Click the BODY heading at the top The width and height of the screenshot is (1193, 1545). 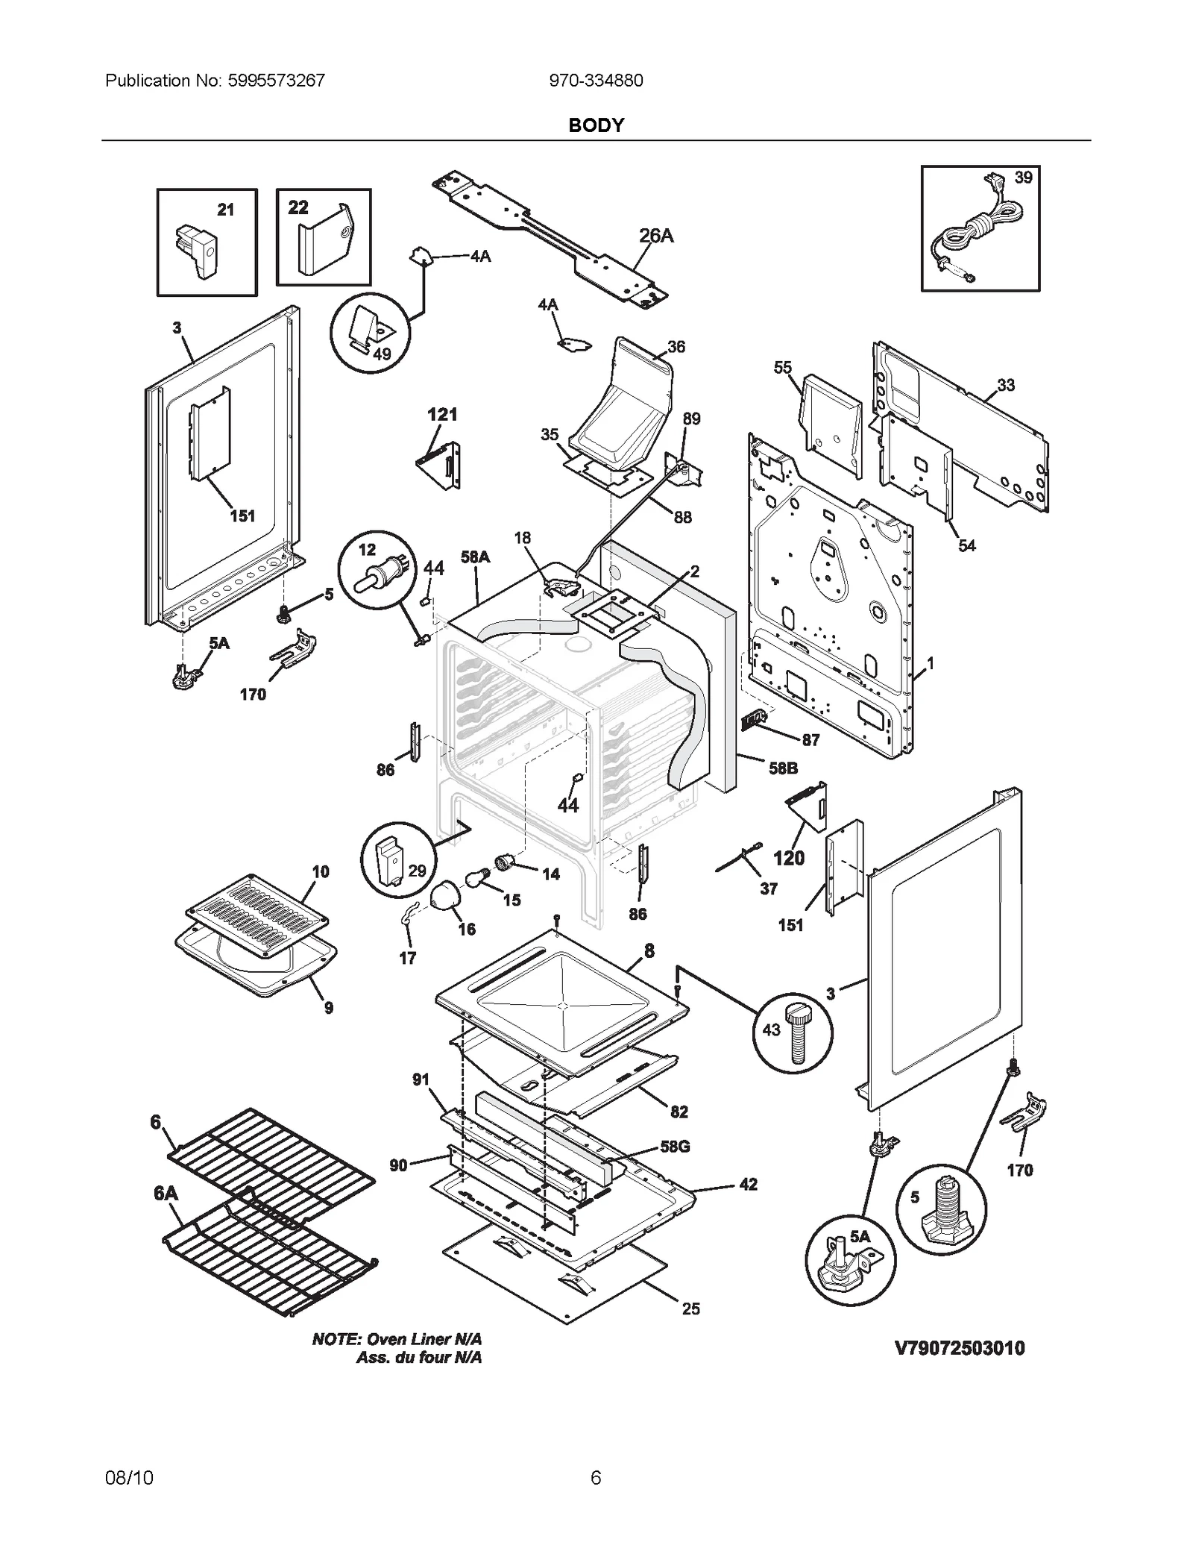click(x=596, y=125)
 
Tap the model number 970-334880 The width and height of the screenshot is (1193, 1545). click(x=596, y=81)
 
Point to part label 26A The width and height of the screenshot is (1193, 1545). click(x=656, y=236)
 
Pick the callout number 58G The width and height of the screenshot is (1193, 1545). click(x=674, y=1147)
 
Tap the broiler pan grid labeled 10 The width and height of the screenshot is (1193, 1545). click(x=256, y=915)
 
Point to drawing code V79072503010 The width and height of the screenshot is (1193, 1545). click(x=960, y=1347)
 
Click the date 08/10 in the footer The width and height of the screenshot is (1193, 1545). click(x=129, y=1477)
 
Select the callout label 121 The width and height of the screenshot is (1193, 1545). click(x=442, y=415)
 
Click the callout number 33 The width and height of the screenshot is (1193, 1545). click(x=1006, y=385)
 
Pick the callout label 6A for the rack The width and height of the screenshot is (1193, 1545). click(x=166, y=1193)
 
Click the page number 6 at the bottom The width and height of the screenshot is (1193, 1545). click(x=596, y=1477)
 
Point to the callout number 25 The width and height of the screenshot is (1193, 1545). click(x=690, y=1309)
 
